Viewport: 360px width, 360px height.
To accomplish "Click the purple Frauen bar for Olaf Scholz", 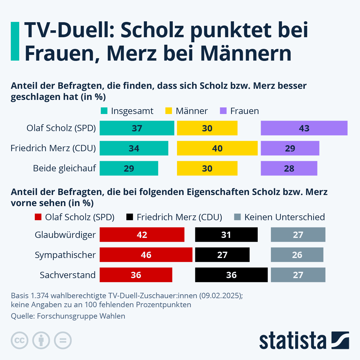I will click(304, 128).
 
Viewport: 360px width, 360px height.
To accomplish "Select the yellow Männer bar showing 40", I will click(217, 148).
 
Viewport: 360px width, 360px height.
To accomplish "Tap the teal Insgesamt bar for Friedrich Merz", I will click(134, 148).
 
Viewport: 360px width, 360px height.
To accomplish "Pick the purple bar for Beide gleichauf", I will click(289, 168).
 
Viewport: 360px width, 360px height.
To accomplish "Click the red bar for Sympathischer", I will click(146, 255).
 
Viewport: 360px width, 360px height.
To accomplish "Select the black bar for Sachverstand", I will click(231, 275).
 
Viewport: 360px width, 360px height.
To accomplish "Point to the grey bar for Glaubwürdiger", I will click(298, 235).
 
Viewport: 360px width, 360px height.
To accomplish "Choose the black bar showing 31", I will click(226, 235).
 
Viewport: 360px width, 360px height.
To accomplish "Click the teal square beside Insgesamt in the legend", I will click(104, 111).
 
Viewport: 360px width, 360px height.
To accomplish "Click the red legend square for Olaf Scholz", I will click(38, 217).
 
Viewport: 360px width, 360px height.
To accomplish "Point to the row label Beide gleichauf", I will click(64, 168).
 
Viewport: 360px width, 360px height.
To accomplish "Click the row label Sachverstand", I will click(67, 275).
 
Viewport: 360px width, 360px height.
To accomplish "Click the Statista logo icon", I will click(340, 340).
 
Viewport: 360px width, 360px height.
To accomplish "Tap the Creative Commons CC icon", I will click(20, 340).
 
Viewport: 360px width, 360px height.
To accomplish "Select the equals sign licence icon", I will click(63, 340).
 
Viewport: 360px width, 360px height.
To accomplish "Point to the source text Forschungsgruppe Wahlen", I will click(81, 316).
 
